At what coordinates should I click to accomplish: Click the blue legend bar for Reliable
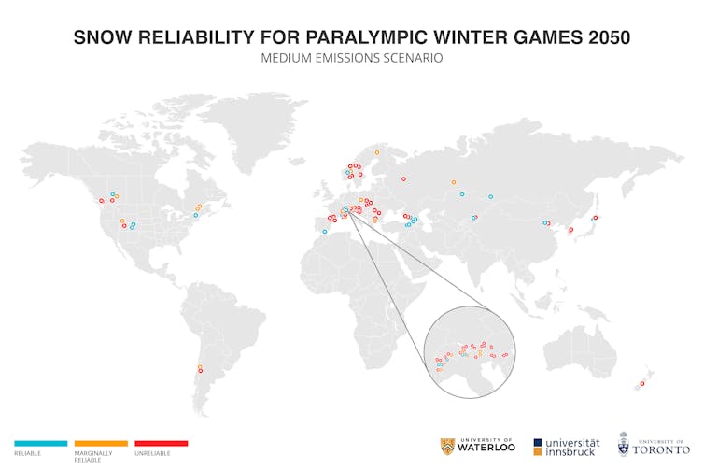41,443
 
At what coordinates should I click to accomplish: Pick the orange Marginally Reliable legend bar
101,443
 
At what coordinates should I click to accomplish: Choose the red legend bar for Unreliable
162,443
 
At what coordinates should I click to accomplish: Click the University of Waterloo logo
476,446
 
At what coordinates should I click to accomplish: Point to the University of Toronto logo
653,445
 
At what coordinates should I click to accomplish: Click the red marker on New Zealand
642,383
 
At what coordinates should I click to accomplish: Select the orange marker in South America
198,366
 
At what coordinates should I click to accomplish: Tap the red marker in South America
199,372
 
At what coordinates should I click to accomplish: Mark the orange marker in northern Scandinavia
377,152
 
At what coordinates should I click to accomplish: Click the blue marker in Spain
325,231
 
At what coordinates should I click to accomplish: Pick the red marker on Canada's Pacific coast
101,201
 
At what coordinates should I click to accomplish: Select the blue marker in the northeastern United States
195,215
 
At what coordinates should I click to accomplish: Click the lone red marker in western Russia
403,178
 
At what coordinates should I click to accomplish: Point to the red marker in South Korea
570,229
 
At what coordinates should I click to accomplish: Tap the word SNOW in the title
102,37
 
